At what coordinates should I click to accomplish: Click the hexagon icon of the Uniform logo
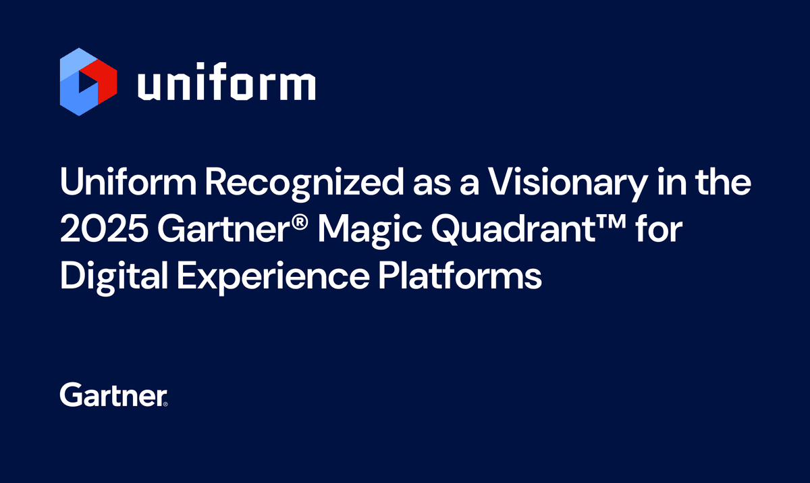pyautogui.click(x=88, y=82)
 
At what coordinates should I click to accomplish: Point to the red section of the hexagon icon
pyautogui.click(x=105, y=81)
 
